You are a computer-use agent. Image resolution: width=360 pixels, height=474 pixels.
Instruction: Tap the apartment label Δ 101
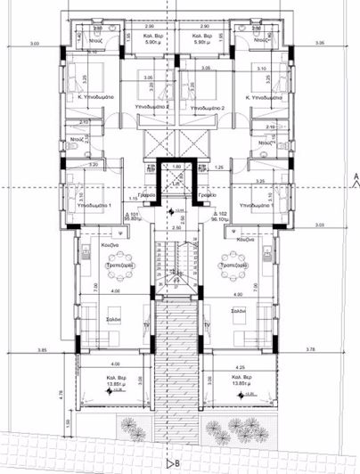131,215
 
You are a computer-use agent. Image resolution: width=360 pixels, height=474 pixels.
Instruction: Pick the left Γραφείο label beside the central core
148,194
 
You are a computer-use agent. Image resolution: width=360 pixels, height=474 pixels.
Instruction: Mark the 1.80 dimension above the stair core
176,166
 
